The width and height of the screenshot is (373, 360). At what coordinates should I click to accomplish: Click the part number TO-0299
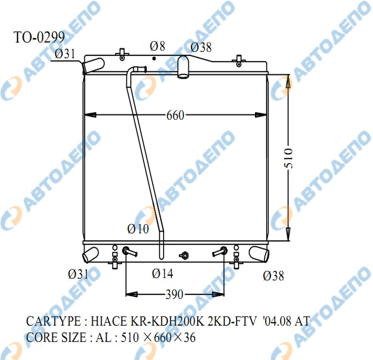[39, 37]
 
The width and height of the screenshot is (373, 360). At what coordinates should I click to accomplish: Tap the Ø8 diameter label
[157, 46]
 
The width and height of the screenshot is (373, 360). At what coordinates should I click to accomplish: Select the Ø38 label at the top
[201, 47]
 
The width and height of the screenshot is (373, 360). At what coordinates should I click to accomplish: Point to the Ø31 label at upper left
[65, 54]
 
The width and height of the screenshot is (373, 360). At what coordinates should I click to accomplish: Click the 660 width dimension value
[175, 115]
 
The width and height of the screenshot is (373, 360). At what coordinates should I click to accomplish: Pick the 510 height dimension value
[288, 158]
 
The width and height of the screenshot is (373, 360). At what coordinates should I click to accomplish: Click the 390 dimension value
[175, 294]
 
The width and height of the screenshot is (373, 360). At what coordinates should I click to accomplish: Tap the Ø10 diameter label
[138, 229]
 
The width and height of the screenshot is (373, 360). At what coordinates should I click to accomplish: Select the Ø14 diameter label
[163, 273]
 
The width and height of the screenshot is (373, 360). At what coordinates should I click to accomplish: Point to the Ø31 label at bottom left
[78, 274]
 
